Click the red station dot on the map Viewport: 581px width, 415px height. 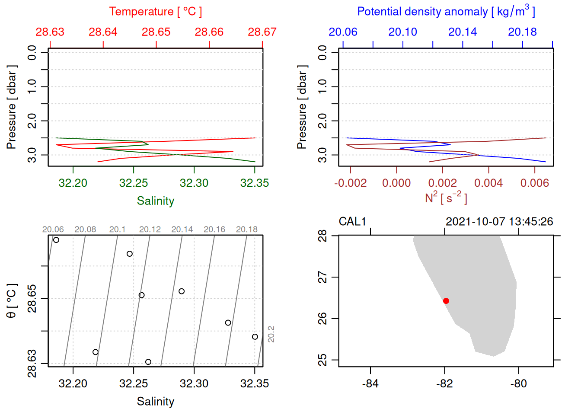pyautogui.click(x=446, y=301)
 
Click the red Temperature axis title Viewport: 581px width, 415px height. pyautogui.click(x=155, y=12)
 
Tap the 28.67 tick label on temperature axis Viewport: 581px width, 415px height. pyautogui.click(x=262, y=32)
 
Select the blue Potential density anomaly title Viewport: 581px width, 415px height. pyautogui.click(x=446, y=12)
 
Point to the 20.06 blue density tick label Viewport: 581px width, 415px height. pyautogui.click(x=343, y=32)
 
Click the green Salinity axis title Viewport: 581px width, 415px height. pyautogui.click(x=155, y=201)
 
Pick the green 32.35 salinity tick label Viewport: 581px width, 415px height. pyautogui.click(x=254, y=183)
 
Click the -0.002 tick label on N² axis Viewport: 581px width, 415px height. pyautogui.click(x=350, y=183)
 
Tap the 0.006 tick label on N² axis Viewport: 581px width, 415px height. pyautogui.click(x=534, y=183)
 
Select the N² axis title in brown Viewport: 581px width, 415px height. pyautogui.click(x=446, y=198)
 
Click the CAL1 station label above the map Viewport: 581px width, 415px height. pyautogui.click(x=352, y=222)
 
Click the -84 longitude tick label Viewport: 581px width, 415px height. pyautogui.click(x=370, y=383)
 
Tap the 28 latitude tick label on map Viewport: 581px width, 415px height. pyautogui.click(x=322, y=236)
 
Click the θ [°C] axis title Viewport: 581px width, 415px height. pyautogui.click(x=12, y=301)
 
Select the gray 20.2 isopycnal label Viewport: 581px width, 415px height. pyautogui.click(x=271, y=334)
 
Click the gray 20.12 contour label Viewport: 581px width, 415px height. pyautogui.click(x=150, y=230)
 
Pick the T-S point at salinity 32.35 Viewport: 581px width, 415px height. pyautogui.click(x=255, y=337)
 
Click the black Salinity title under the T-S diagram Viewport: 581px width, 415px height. pyautogui.click(x=155, y=402)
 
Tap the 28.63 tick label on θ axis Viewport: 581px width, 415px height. pyautogui.click(x=32, y=364)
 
